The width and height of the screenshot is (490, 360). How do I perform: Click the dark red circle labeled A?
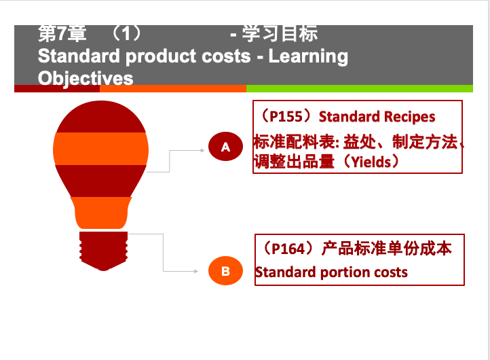225,147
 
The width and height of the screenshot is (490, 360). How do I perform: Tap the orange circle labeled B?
225,272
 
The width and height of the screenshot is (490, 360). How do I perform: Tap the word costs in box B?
390,272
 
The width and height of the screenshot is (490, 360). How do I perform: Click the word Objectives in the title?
86,78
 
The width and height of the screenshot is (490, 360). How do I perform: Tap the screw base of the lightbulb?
103,249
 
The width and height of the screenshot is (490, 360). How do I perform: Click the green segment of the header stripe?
359,88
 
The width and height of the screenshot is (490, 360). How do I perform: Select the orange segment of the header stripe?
172,88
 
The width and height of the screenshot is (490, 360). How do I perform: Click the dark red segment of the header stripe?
57,88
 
